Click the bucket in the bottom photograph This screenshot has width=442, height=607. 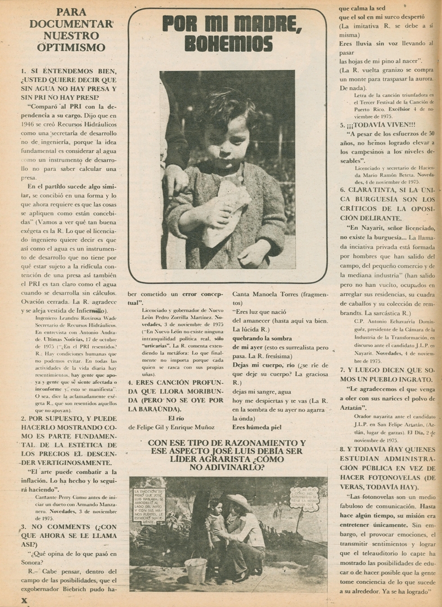(196, 570)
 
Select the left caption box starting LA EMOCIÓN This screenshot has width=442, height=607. (149, 506)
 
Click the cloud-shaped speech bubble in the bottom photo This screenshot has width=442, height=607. (304, 499)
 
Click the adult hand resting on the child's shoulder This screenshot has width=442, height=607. (175, 179)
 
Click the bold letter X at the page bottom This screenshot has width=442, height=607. (24, 600)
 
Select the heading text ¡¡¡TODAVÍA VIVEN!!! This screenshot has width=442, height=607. (381, 125)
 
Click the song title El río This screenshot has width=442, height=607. (177, 418)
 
